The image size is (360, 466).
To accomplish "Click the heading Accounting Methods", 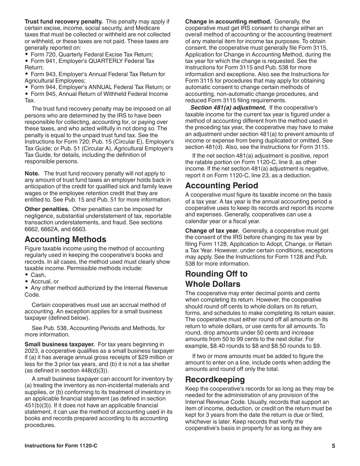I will (x=65, y=239).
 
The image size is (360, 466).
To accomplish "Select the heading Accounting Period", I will (x=221, y=186).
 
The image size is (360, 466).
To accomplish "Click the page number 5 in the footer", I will (x=333, y=446).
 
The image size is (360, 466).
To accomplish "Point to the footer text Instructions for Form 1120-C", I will (x=61, y=446).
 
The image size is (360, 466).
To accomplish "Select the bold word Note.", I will (x=32, y=173).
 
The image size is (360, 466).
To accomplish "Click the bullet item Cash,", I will (x=38, y=275).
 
